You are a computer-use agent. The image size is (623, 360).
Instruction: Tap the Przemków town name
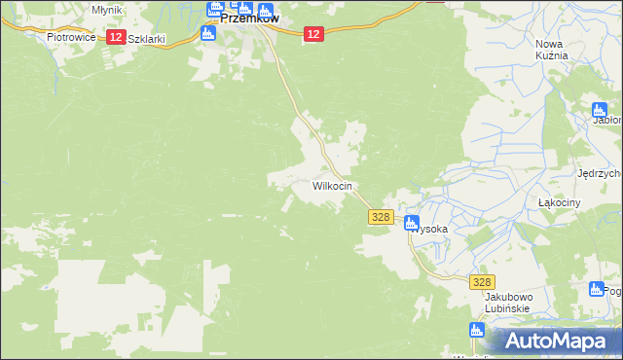coord(250,18)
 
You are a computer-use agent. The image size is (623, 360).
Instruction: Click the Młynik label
coord(106,9)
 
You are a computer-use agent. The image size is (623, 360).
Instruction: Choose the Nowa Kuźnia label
coord(551,50)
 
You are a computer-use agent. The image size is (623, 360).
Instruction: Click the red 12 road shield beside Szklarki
coord(115,37)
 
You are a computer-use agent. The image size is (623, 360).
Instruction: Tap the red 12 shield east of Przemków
coord(311,34)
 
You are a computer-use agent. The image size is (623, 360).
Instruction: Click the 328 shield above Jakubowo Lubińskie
coord(482,281)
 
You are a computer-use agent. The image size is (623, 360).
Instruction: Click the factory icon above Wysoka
coord(413,223)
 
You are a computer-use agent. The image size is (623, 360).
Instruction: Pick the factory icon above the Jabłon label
coord(600,109)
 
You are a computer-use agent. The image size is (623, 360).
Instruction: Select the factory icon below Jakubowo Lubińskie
coord(476,332)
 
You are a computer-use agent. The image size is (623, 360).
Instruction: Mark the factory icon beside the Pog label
coord(598,289)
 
